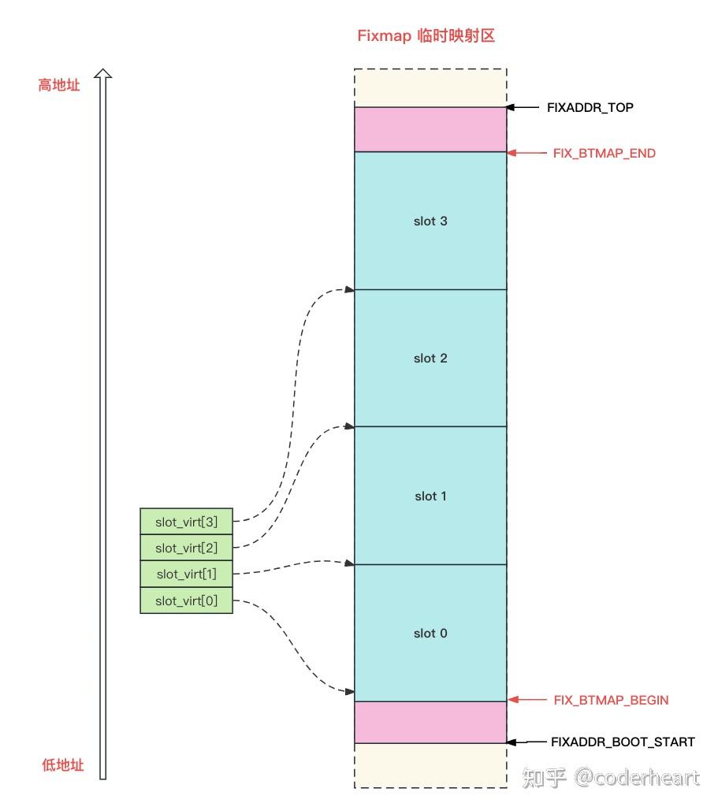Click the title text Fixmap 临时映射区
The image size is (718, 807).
(426, 35)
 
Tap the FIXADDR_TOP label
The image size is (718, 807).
(590, 107)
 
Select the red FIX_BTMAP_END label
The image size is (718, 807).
(604, 153)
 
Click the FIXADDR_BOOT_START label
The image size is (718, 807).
(623, 742)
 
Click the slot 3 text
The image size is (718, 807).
(430, 221)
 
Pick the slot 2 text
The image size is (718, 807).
(430, 359)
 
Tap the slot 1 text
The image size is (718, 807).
(430, 496)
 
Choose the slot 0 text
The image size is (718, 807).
(430, 634)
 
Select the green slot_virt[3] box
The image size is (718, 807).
(186, 522)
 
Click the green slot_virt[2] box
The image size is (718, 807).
(186, 548)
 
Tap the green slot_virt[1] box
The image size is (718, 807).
(186, 574)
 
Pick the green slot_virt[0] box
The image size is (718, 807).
(186, 601)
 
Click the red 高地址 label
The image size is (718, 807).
(59, 85)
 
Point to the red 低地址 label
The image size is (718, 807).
(62, 765)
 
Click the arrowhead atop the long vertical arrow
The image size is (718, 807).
(102, 74)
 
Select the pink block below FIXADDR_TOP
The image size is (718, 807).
(430, 129)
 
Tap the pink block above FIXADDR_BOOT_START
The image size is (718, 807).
(430, 722)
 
